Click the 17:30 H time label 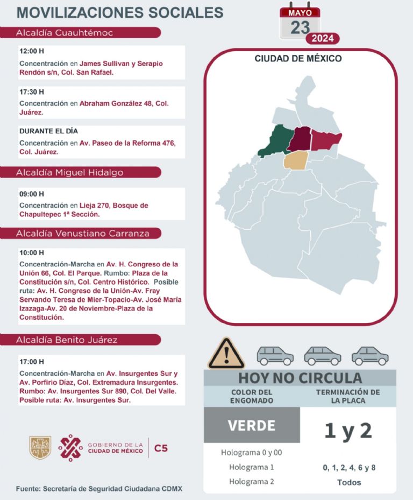tap(31, 92)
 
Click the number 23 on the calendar tap(300, 27)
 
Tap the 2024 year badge tap(323, 38)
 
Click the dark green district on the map tap(275, 141)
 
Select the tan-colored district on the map tap(296, 160)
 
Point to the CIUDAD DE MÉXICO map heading tap(298, 59)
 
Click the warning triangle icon tap(226, 354)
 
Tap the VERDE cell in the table tap(252, 425)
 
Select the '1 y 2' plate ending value tap(348, 431)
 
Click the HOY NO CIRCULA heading tap(300, 378)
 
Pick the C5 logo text tap(161, 447)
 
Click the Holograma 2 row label tap(251, 481)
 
